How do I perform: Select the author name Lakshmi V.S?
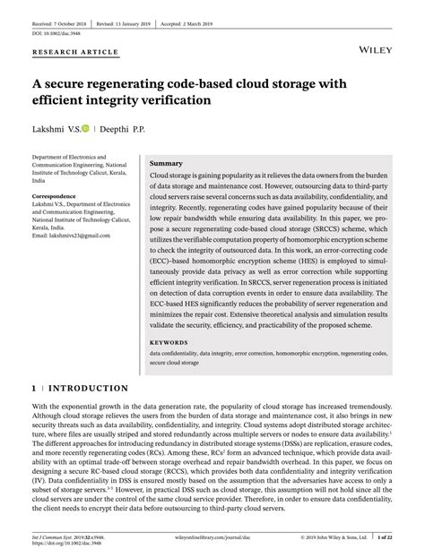55,130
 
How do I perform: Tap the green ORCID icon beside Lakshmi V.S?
86,130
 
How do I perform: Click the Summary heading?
167,164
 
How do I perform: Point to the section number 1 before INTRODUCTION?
34,389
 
